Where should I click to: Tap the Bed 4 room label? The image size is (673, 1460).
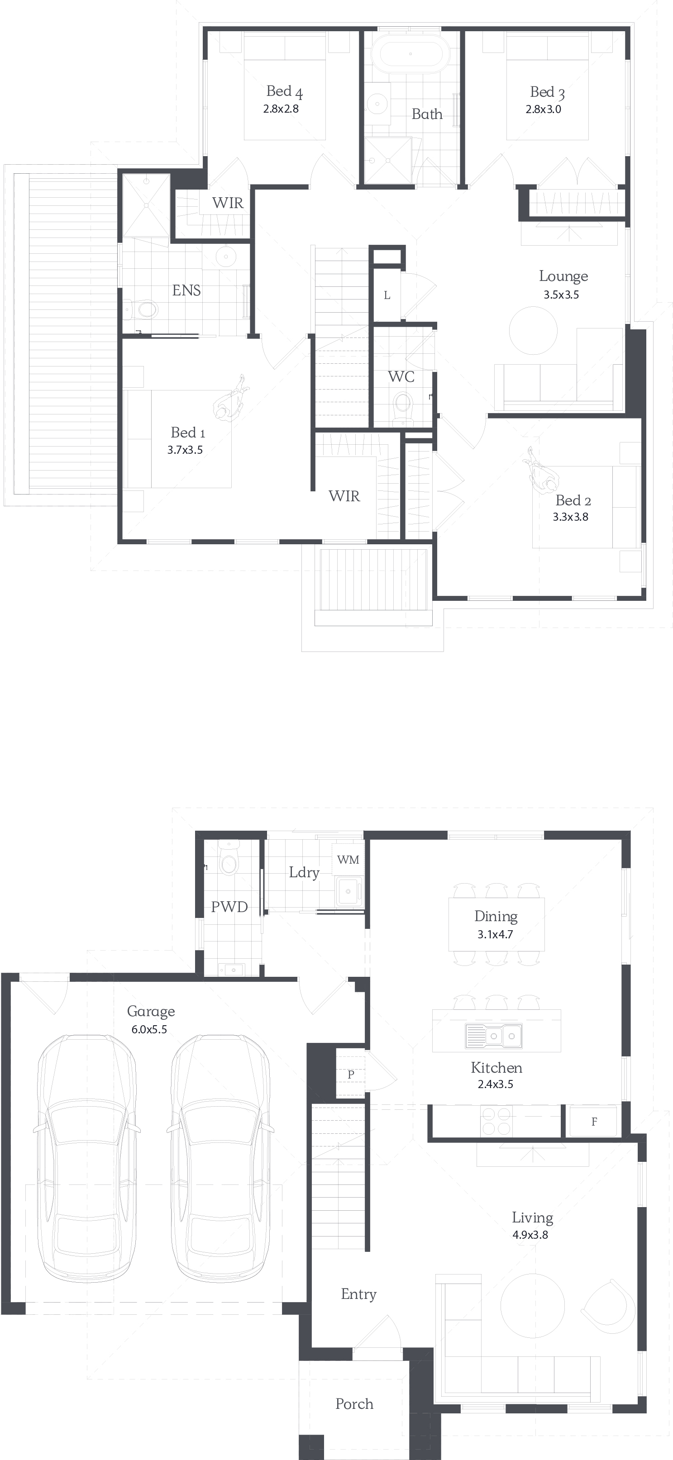click(285, 92)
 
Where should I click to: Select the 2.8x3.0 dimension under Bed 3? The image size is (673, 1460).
click(543, 109)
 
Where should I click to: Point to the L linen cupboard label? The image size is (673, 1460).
click(387, 295)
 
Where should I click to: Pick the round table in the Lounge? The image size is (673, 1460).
click(533, 330)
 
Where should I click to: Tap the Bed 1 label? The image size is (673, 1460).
click(188, 433)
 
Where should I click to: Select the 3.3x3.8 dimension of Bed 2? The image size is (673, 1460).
click(570, 517)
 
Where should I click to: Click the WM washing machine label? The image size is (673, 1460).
click(348, 860)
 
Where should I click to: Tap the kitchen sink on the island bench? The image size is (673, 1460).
click(494, 1036)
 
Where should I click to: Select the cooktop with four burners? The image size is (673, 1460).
click(496, 1121)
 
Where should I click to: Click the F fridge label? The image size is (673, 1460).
click(594, 1122)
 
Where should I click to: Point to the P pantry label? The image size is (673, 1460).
click(351, 1075)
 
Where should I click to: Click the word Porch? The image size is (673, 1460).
click(354, 1404)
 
